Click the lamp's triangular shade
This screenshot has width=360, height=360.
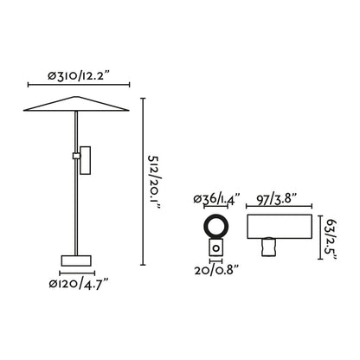76,106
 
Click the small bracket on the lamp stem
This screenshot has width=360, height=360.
83,161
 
